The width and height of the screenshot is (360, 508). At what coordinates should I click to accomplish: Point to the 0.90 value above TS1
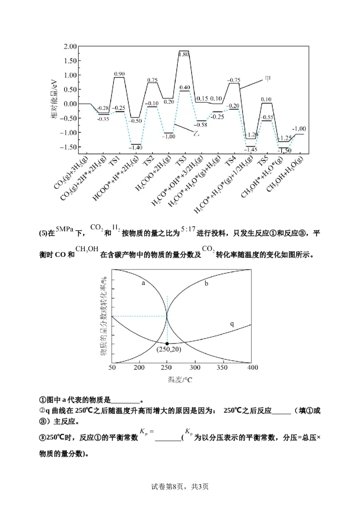click(x=119, y=74)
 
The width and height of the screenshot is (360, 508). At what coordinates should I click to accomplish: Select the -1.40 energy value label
click(x=135, y=147)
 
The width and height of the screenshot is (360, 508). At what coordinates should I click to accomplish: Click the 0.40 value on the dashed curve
click(x=184, y=87)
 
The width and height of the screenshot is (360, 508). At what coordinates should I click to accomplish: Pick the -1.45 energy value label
click(x=252, y=149)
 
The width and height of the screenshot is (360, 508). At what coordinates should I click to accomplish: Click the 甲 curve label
click(x=268, y=79)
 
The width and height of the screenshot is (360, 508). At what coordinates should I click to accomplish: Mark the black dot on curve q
click(x=167, y=343)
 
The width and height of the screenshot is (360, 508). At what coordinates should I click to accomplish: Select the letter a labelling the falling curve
click(x=143, y=283)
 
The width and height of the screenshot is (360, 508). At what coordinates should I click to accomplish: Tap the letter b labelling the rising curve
click(x=206, y=284)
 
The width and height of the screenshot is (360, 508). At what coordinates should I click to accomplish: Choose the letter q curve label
click(x=232, y=324)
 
